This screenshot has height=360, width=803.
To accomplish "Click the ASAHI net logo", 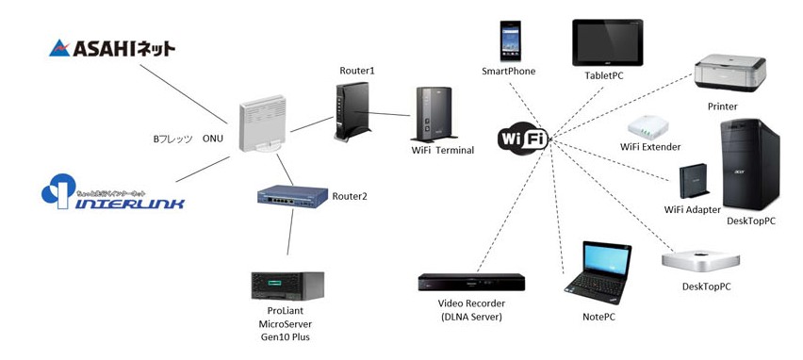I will pyautogui.click(x=111, y=47).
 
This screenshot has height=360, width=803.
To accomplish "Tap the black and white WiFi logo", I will pyautogui.click(x=524, y=139).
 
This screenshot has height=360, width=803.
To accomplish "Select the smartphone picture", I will pyautogui.click(x=510, y=41).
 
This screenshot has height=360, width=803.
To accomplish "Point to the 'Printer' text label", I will pyautogui.click(x=722, y=106).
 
